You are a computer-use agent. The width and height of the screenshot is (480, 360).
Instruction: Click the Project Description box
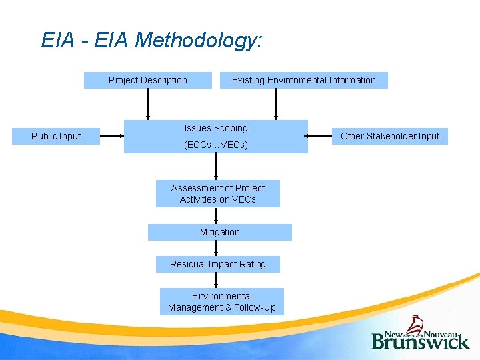(148, 80)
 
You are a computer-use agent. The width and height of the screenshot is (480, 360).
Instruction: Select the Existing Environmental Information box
(303, 80)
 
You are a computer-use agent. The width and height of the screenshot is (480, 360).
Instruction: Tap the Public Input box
(56, 136)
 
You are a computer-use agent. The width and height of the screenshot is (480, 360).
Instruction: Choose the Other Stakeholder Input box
(390, 136)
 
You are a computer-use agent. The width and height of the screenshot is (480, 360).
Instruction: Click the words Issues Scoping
(216, 128)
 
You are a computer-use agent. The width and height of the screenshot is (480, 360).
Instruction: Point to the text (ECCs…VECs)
(216, 145)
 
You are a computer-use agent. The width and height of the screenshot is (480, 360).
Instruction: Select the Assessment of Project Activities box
(218, 193)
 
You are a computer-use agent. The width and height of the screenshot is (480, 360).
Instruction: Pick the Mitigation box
(219, 232)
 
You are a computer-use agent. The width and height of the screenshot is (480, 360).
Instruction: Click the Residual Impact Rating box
(218, 264)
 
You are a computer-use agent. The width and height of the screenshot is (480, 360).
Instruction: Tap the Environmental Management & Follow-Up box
(222, 301)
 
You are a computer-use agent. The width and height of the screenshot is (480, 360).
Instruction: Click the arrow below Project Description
(148, 104)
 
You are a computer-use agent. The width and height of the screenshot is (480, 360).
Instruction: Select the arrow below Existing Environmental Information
(276, 104)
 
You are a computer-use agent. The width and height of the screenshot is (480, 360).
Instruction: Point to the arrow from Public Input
(112, 136)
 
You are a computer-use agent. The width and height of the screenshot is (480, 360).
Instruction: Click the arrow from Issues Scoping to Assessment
(216, 167)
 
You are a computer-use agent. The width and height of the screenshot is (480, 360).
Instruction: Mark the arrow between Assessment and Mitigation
(216, 215)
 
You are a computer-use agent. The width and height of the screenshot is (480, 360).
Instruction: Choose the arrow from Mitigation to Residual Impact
(216, 248)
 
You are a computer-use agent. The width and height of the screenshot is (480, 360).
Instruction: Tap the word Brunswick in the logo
(421, 341)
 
